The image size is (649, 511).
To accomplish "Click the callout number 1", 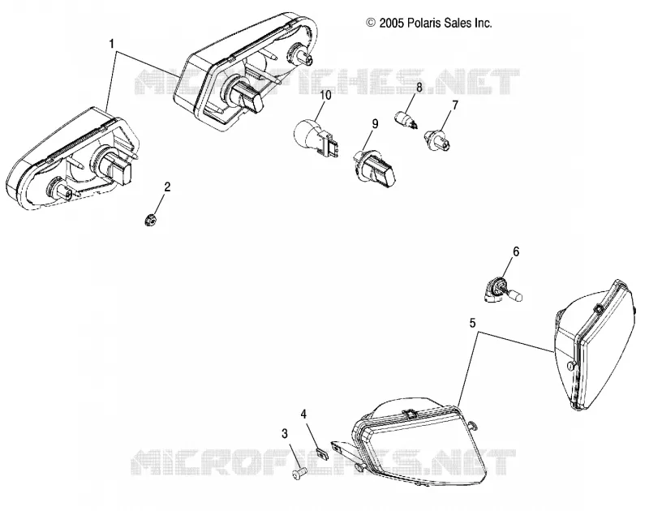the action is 112,44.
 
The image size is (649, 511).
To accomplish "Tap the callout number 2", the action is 167,187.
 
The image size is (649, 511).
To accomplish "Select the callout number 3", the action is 285,434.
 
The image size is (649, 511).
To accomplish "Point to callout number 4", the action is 303,414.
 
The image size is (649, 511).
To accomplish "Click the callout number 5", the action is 473,323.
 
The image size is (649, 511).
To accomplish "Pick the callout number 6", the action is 516,251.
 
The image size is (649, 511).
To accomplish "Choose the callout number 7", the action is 455,105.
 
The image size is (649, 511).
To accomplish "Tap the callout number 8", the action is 419,88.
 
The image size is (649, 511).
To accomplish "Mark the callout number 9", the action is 375,124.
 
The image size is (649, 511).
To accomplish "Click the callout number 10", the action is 326,95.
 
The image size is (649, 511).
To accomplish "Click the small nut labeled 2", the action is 151,220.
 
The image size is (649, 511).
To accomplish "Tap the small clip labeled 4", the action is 321,453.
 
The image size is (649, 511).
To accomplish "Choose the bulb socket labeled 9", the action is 374,167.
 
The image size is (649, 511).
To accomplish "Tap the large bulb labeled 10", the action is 316,136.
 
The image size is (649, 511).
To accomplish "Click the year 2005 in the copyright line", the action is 391,24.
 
